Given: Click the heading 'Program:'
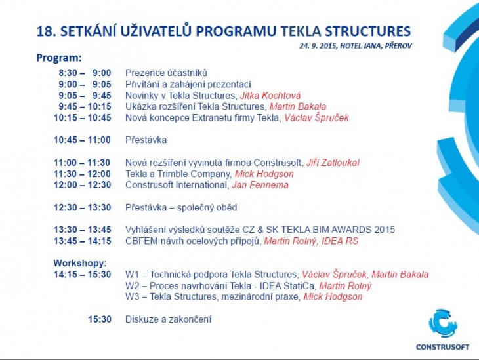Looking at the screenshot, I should [59, 58].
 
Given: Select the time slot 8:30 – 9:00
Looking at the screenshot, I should [85, 73].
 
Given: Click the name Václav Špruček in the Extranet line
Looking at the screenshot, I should [316, 118].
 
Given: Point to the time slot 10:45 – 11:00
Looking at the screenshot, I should [83, 140].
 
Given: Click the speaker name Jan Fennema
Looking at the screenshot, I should [260, 185].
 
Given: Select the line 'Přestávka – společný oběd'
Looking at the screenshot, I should [181, 207].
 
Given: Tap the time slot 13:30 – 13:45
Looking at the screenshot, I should [83, 230].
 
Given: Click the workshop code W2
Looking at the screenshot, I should [132, 286].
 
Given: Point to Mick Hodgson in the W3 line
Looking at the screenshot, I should [333, 297].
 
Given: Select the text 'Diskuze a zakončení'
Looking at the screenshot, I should [168, 319].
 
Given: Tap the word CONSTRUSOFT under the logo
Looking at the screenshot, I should [443, 346].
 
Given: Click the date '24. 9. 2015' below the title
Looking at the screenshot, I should [318, 45].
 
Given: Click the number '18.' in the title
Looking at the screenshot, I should [46, 31].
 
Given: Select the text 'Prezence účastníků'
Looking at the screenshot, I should [166, 73].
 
